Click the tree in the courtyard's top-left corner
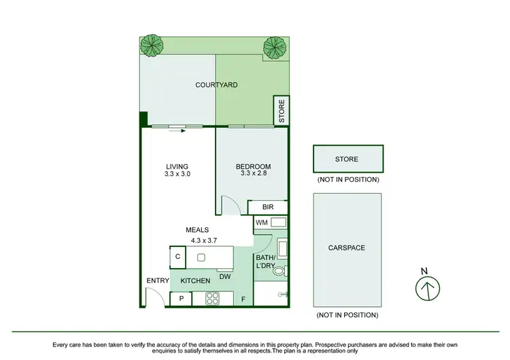[x=152, y=46]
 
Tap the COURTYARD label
[x=216, y=85]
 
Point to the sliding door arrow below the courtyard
[x=178, y=132]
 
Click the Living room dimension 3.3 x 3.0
[x=177, y=174]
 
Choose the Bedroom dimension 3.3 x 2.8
[x=253, y=174]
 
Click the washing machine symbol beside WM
[x=277, y=223]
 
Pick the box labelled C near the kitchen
[x=177, y=257]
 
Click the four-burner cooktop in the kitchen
[x=211, y=298]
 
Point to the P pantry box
[x=181, y=298]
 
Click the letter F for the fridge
[x=243, y=298]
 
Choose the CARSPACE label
[x=346, y=248]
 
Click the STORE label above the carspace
[x=346, y=159]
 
